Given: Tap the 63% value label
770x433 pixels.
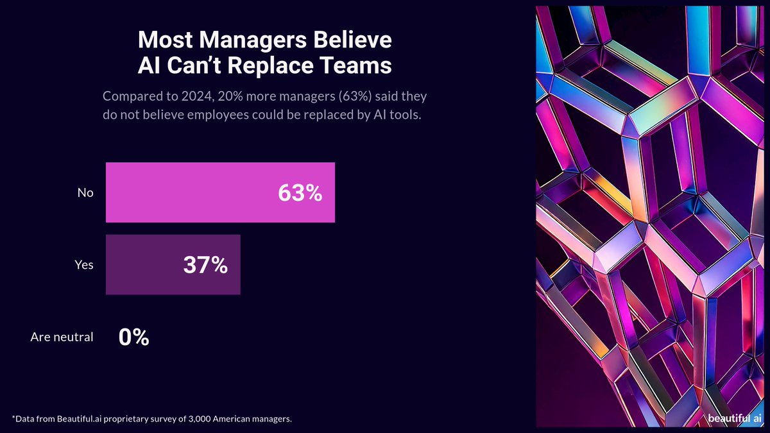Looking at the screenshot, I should click(300, 193).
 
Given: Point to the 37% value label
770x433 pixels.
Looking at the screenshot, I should click(205, 265).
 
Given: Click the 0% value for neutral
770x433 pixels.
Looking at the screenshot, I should click(133, 337).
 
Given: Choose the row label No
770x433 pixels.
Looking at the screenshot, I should click(85, 193).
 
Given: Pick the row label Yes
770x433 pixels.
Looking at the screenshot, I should click(84, 265).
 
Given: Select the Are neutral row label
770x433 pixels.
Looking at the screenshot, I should click(62, 337).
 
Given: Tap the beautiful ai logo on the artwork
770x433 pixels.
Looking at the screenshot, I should click(735, 418).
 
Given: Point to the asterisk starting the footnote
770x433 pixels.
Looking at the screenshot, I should click(13, 418).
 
